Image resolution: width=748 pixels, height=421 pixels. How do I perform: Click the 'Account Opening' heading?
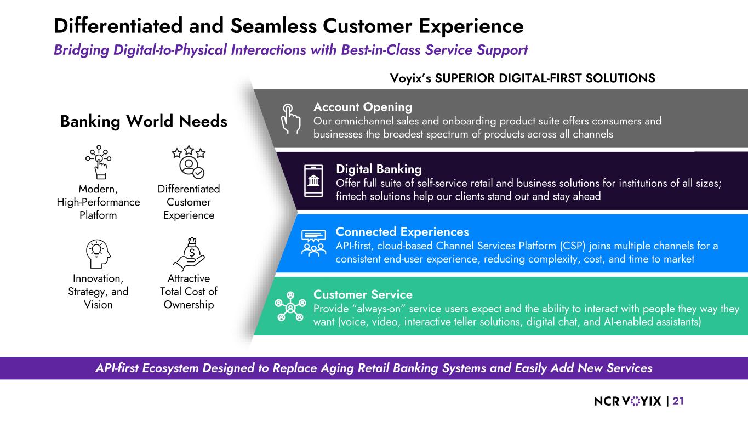point(362,107)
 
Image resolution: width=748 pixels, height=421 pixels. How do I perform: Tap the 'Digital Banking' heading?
point(379,169)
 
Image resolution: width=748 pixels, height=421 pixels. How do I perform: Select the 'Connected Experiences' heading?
point(402,232)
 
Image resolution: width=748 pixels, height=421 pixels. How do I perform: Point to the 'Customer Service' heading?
point(363,295)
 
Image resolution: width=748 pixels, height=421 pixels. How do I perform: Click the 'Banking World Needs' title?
point(143,121)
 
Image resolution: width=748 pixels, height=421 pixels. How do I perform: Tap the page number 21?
point(678,401)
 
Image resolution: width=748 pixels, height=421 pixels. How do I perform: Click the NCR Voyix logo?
point(627,402)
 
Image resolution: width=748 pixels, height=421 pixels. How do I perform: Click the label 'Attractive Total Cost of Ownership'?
point(189,292)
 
